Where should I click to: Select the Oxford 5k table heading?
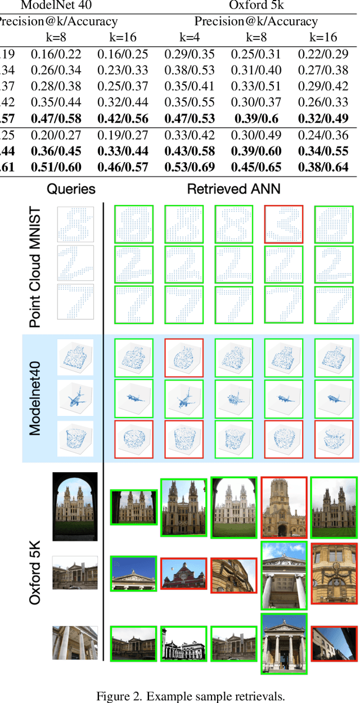click(x=256, y=6)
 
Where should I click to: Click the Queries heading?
click(x=71, y=189)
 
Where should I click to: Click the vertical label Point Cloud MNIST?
click(x=35, y=266)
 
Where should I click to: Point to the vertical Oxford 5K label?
click(x=35, y=568)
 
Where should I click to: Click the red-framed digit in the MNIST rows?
click(x=283, y=223)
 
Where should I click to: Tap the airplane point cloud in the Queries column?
click(x=75, y=398)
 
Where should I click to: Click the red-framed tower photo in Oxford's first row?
click(x=283, y=506)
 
